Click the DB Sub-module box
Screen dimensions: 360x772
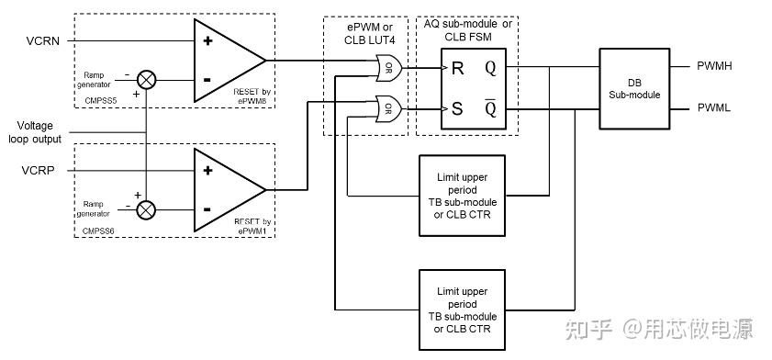[x=633, y=88]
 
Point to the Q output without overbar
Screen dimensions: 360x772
[x=490, y=67]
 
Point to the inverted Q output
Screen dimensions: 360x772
[x=490, y=108]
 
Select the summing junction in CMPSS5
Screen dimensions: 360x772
[x=146, y=79]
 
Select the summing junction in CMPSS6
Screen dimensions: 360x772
[x=146, y=210]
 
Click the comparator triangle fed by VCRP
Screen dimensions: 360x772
[x=226, y=190]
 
